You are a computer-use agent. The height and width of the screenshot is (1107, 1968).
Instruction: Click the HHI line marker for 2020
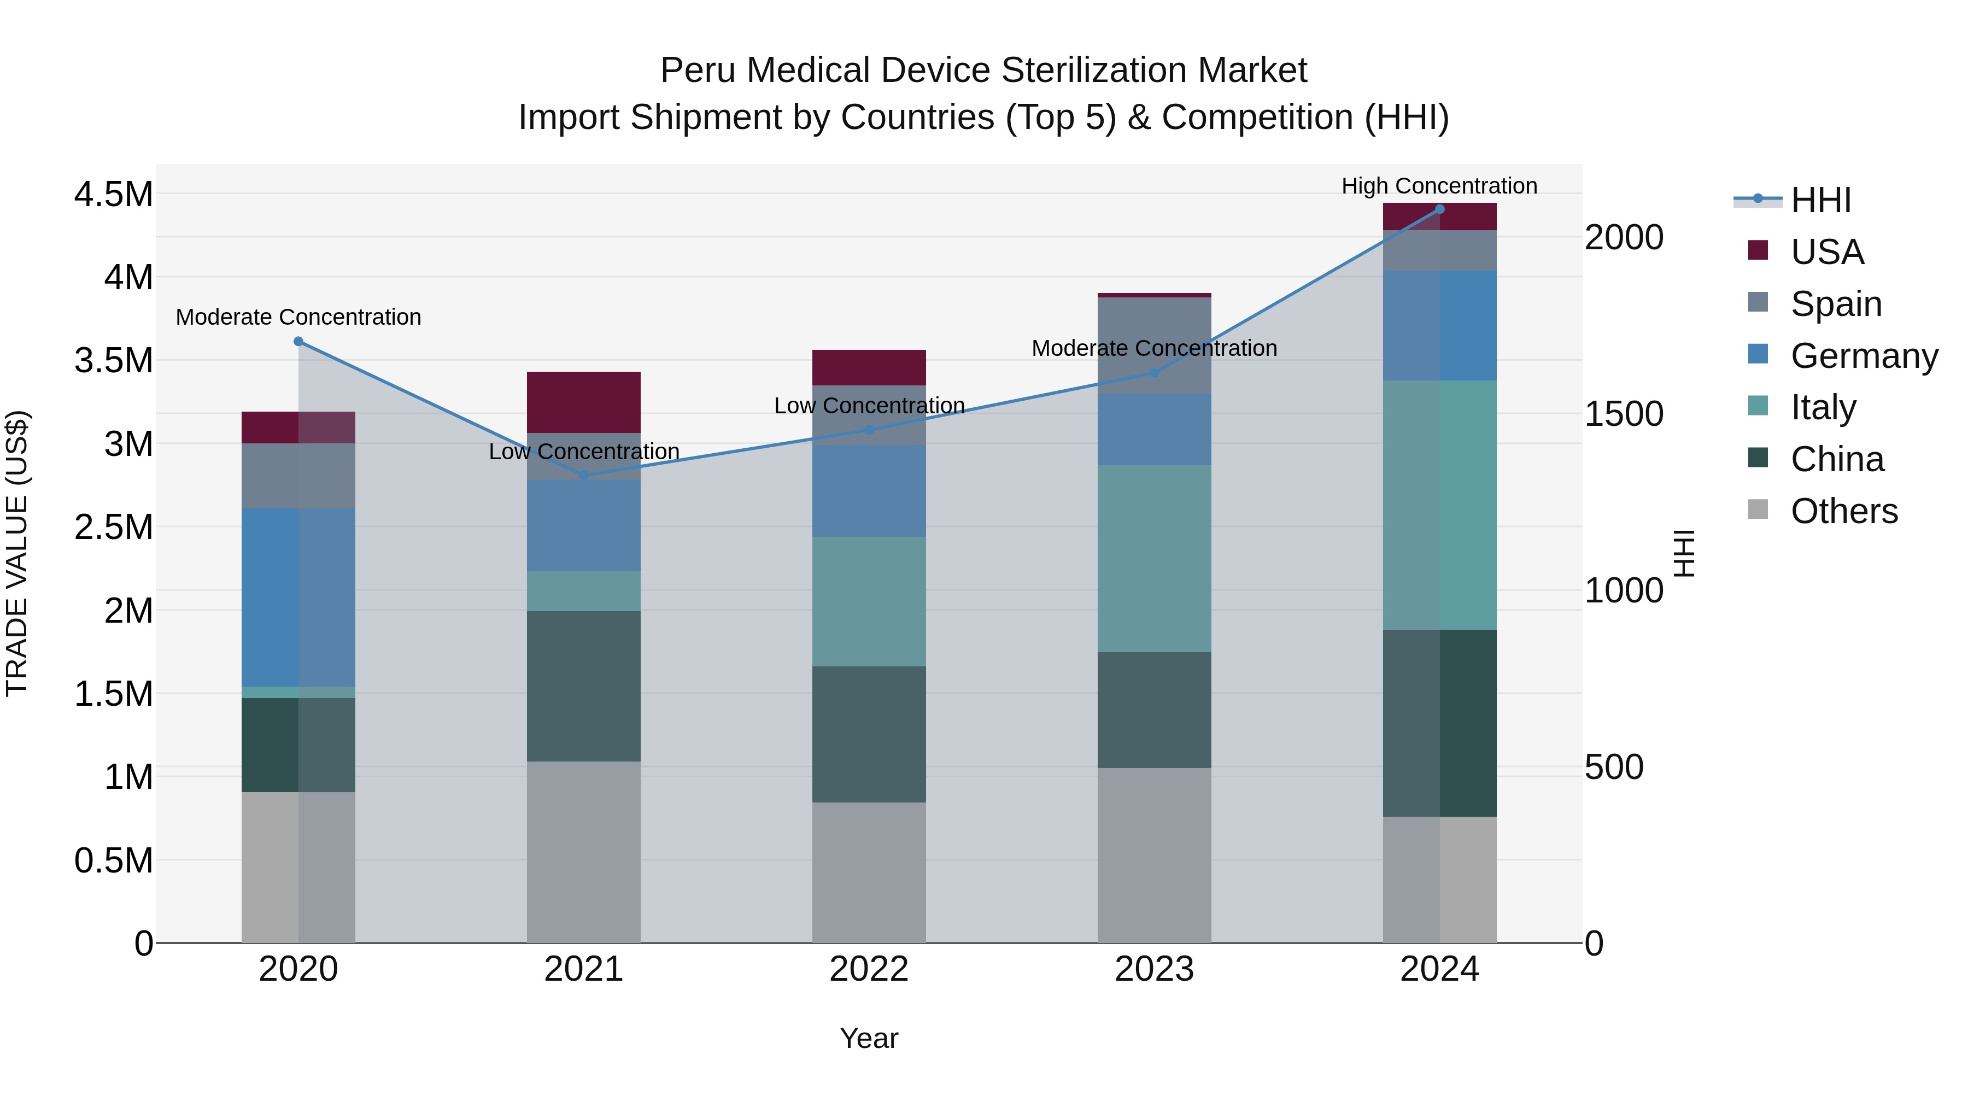coord(298,342)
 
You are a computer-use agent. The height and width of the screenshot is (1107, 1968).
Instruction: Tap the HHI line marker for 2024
coord(1439,209)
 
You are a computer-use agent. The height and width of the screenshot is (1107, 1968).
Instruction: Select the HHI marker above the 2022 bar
coord(869,429)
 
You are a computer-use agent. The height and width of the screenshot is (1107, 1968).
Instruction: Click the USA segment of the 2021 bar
coord(584,402)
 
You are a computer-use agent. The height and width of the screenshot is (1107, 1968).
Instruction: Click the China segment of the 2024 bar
coord(1439,723)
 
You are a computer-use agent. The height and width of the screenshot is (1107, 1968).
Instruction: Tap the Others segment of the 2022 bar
coord(869,872)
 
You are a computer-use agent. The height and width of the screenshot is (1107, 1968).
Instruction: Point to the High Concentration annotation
coord(1439,186)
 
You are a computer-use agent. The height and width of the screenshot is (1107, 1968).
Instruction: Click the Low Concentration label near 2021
coord(584,452)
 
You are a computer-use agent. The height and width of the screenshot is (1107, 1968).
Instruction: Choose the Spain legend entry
coord(1836,304)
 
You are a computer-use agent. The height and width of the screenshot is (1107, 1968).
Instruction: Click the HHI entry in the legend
coord(1820,200)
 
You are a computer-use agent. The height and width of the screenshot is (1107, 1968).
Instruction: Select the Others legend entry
coord(1843,511)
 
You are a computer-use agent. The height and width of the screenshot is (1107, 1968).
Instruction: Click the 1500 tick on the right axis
coord(1624,413)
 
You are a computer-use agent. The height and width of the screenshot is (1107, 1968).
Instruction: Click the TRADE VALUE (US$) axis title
coord(17,553)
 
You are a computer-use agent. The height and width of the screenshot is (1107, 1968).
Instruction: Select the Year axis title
coord(869,1038)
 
